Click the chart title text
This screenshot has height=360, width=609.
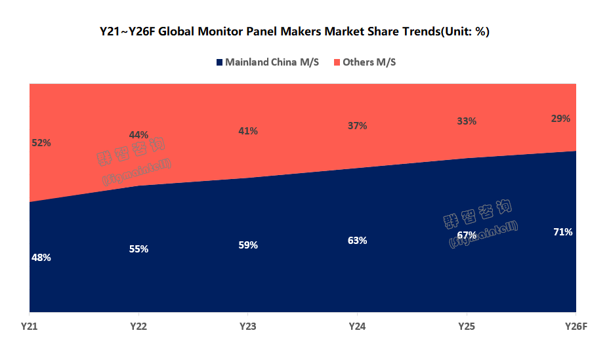295,31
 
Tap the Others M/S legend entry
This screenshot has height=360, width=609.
369,62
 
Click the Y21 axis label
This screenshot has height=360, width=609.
28,326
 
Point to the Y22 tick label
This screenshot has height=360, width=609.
138,326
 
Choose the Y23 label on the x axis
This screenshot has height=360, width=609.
248,326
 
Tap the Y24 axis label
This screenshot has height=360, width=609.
357,326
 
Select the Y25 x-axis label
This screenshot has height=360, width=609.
467,326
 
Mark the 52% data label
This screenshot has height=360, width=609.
41,142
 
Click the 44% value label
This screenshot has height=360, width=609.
138,135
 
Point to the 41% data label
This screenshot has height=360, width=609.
248,131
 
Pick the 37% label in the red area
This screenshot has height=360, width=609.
357,126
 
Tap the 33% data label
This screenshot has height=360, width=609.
467,121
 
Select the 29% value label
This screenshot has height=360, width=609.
561,119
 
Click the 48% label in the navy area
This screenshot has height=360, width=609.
41,258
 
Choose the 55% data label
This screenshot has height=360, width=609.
138,249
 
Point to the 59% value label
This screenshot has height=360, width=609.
248,245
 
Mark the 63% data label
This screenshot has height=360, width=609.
357,241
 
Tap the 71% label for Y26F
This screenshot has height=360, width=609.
562,232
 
